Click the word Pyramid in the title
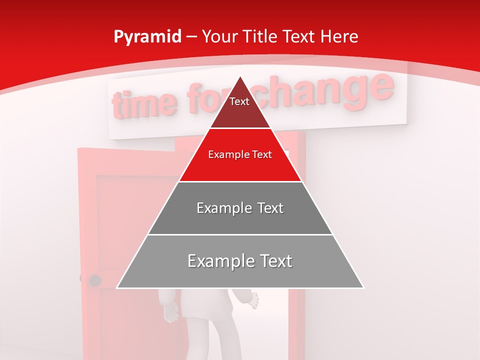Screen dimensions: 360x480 (x=147, y=37)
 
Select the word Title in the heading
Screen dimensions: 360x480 (x=259, y=36)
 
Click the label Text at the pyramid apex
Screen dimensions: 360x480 (x=239, y=101)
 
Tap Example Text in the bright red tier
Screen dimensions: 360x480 (x=240, y=154)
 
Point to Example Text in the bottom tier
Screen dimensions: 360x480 (x=240, y=261)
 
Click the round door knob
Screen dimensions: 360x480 (x=94, y=280)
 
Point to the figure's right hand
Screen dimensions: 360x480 (x=252, y=300)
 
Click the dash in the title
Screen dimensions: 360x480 (x=191, y=37)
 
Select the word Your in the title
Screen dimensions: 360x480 (x=218, y=36)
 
